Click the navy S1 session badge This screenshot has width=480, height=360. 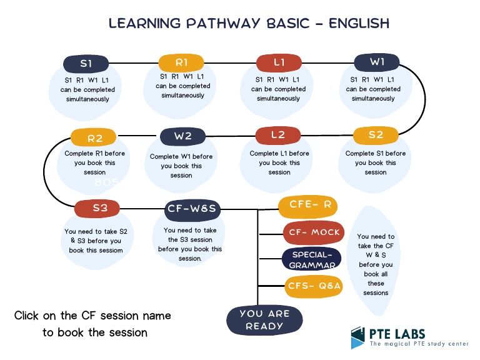86,63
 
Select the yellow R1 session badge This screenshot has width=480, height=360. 181,62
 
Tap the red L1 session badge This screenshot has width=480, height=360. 279,62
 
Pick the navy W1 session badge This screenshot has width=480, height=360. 377,62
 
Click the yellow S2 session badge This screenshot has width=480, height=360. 376,135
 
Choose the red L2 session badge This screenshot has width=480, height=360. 278,135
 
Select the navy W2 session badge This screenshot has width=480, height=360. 182,136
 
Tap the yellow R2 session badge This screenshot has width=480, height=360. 94,137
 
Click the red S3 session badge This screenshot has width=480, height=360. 100,208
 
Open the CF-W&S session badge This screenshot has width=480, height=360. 191,209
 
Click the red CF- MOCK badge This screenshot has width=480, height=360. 313,232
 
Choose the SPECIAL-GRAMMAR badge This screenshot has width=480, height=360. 311,259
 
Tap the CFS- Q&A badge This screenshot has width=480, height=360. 314,286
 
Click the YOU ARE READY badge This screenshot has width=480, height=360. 264,319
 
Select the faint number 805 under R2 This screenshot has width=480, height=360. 106,182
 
